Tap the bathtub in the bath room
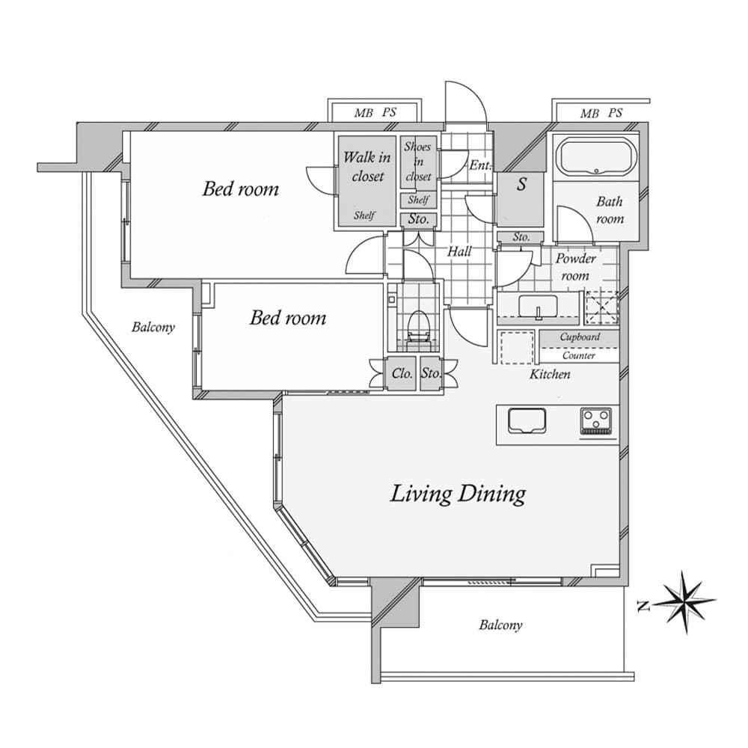point(596,158)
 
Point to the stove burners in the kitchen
point(595,421)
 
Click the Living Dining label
point(458,494)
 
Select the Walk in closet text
point(367,167)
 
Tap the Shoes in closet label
point(417,162)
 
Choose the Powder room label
point(575,267)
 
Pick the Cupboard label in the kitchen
point(580,337)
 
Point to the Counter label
point(579,356)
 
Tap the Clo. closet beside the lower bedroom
point(402,374)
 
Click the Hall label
point(459,252)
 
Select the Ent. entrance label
point(478,165)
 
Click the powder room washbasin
point(537,306)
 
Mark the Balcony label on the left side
point(153,327)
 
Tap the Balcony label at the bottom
point(500,625)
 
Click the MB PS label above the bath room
point(601,114)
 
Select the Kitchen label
point(550,374)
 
